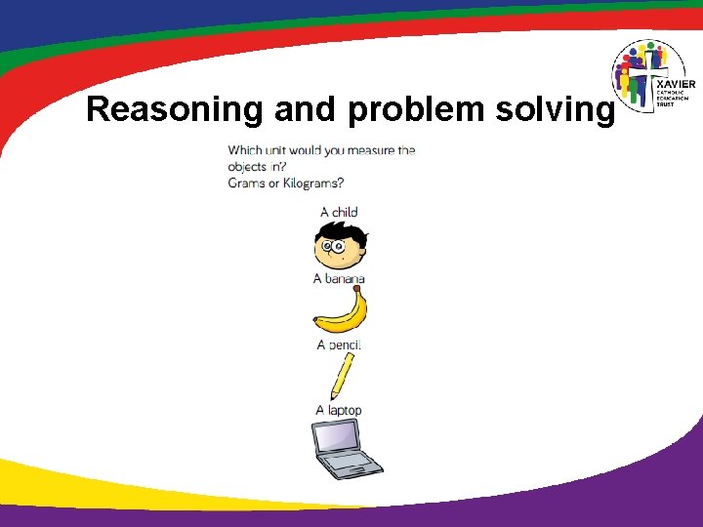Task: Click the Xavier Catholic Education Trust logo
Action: coord(650,77)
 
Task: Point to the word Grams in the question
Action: coord(248,182)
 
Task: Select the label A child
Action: coord(339,212)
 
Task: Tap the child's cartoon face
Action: coord(340,251)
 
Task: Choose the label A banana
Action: coord(339,279)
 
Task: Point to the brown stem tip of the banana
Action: coord(358,288)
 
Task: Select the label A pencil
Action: coord(339,345)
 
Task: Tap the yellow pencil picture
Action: coord(343,374)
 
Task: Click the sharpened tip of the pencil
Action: coord(333,395)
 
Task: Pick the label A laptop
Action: coord(339,410)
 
